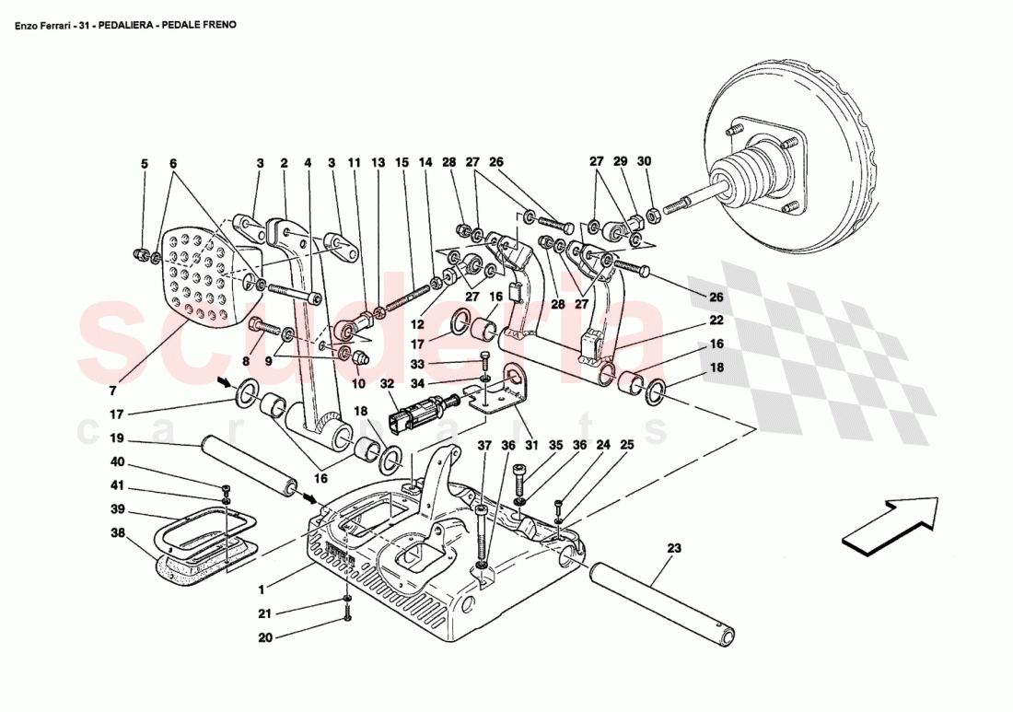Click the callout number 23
coord(673,547)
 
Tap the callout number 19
coord(117,438)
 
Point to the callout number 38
coord(117,532)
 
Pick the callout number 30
coord(644,163)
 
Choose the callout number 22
coord(716,321)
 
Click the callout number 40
coord(117,462)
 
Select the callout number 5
coord(144,163)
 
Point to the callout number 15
coord(401,163)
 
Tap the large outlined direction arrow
coord(889,525)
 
